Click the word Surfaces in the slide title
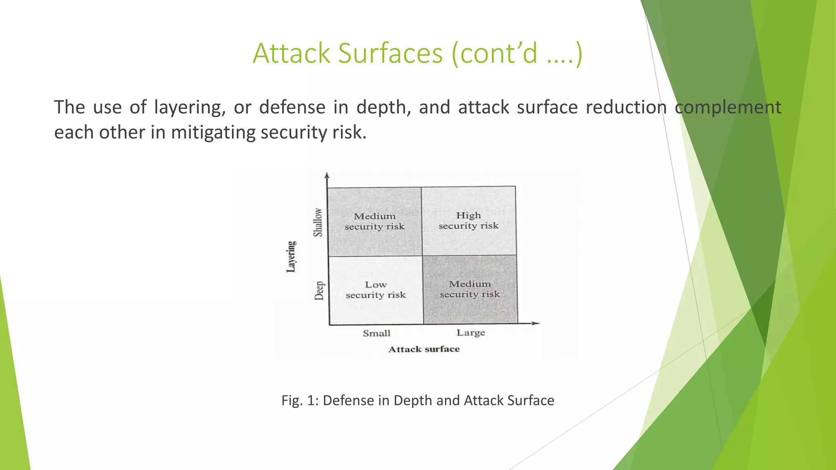point(390,53)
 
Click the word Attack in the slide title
point(291,53)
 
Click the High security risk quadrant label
point(469,220)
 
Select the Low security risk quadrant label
point(376,290)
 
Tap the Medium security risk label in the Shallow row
point(374,221)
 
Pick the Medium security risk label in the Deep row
point(470,289)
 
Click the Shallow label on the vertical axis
point(318,222)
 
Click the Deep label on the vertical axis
point(319,290)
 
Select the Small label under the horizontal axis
point(376,333)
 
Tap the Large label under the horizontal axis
point(471,333)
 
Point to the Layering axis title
point(291,256)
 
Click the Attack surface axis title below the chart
point(424,349)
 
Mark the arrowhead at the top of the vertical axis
point(327,176)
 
